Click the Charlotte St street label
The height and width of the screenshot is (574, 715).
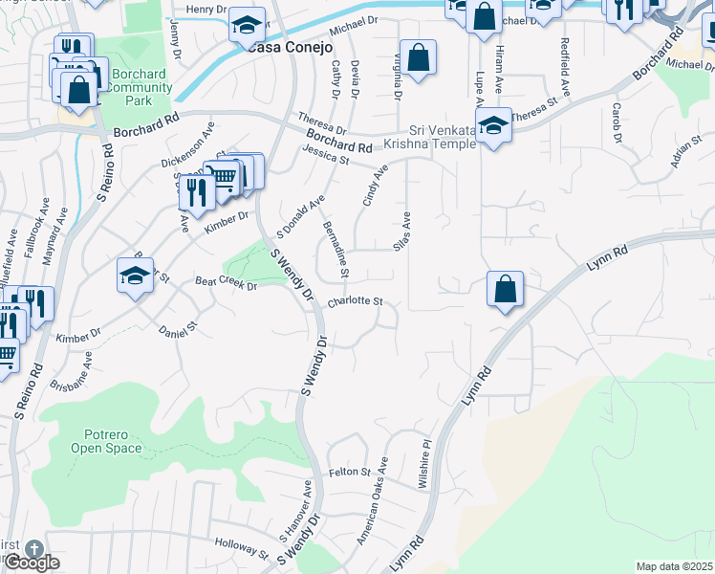tap(355, 302)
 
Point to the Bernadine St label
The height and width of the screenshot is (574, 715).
tap(336, 248)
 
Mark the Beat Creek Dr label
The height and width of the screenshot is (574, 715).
tap(227, 284)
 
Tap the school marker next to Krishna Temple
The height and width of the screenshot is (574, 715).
tap(493, 124)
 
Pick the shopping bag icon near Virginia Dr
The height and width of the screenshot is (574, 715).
tap(419, 57)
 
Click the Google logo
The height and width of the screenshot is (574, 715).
tap(32, 563)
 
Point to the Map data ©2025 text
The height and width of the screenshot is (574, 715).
tap(674, 566)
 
